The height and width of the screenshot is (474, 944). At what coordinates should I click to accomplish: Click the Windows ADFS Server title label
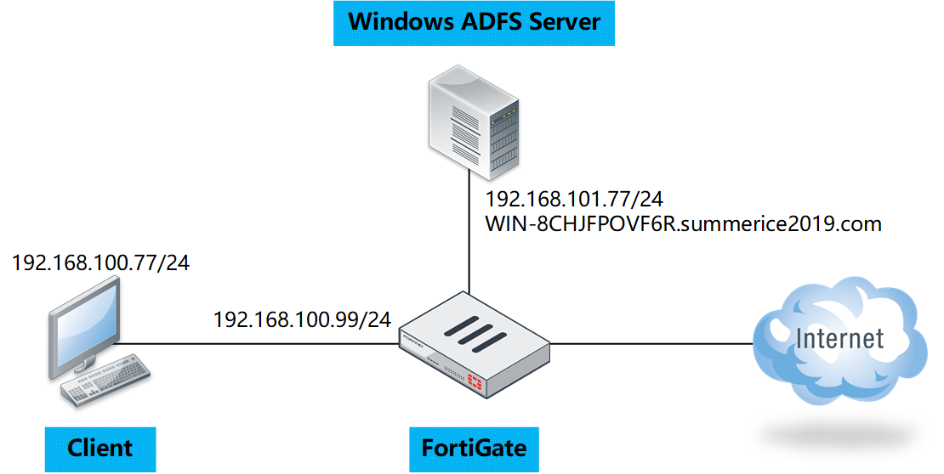click(x=474, y=22)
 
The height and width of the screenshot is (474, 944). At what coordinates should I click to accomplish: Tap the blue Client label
click(x=100, y=448)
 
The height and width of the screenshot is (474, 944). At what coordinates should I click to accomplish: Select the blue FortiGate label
click(x=475, y=448)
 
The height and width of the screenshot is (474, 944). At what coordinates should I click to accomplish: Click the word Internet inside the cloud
click(x=840, y=339)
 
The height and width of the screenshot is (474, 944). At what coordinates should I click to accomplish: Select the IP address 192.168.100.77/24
click(x=100, y=262)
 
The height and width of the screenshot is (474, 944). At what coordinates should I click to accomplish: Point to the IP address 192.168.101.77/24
click(x=574, y=200)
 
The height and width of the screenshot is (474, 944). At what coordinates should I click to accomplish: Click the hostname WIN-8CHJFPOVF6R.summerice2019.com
click(x=683, y=224)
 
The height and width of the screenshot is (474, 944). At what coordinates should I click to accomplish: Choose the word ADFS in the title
click(x=482, y=22)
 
